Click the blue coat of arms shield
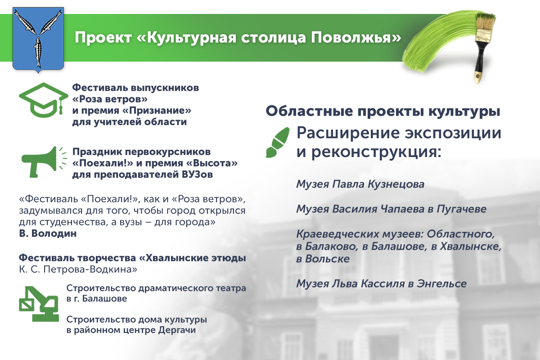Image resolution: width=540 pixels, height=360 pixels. (x=38, y=39)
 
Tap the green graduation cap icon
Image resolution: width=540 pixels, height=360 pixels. (x=43, y=100)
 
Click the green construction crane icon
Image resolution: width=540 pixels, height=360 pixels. (x=39, y=304)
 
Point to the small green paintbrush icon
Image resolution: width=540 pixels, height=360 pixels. (x=278, y=143)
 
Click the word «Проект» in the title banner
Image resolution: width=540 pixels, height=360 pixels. (x=103, y=38)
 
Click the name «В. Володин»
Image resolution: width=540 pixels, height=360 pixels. (x=48, y=234)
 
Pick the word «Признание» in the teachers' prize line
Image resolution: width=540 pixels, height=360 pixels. (x=160, y=110)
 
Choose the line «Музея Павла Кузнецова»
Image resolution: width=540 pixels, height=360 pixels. (x=360, y=184)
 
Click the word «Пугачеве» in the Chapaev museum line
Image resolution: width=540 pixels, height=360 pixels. (x=461, y=209)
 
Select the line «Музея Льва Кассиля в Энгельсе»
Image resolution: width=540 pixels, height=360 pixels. (x=382, y=283)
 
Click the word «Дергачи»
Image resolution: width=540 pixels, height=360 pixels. (x=177, y=330)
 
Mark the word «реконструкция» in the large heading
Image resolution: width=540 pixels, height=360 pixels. (x=376, y=153)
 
